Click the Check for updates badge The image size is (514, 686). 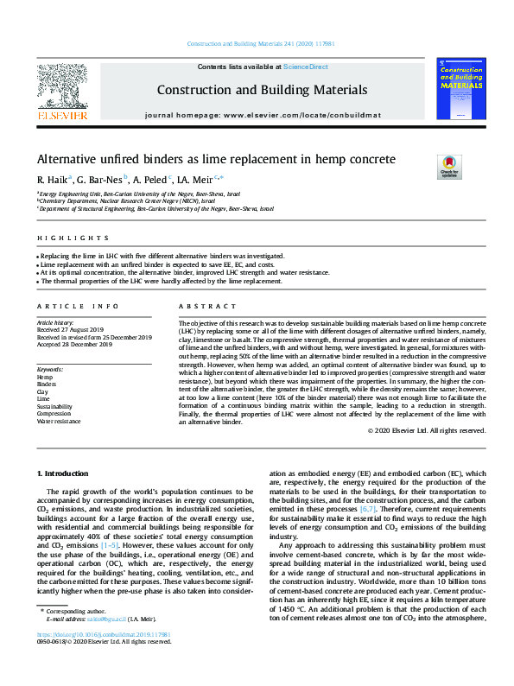tap(450, 164)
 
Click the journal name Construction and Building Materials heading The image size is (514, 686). tap(261, 90)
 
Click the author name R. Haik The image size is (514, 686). tap(53, 180)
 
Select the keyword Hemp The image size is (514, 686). tap(45, 378)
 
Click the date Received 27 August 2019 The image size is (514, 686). tap(74, 329)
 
